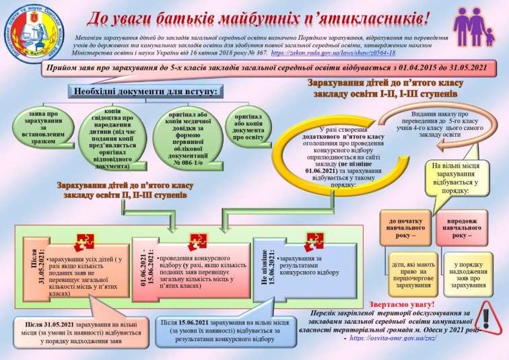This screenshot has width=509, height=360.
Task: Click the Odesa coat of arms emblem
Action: coord(32,32)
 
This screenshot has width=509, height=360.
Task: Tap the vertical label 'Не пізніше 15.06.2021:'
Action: coord(265,268)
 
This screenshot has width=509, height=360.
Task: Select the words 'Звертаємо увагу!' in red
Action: coord(403,304)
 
